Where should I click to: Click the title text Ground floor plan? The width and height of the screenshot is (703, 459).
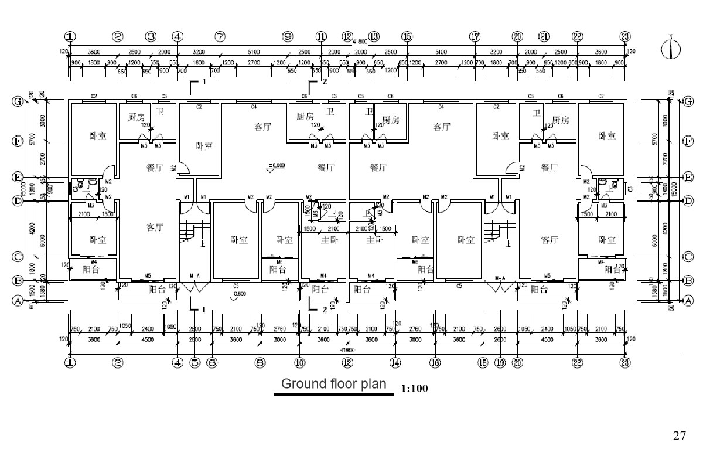pyautogui.click(x=334, y=384)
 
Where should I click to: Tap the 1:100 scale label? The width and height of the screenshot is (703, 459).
pyautogui.click(x=415, y=389)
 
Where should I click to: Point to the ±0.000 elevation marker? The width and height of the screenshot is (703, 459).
pyautogui.click(x=276, y=166)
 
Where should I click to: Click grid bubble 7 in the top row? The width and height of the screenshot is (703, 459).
pyautogui.click(x=220, y=37)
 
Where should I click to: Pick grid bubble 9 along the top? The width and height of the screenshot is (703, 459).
pyautogui.click(x=287, y=37)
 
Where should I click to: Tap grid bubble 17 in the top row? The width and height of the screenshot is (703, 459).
pyautogui.click(x=475, y=37)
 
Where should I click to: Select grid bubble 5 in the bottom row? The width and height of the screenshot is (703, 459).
pyautogui.click(x=195, y=363)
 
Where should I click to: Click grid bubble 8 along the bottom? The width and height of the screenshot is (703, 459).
pyautogui.click(x=260, y=363)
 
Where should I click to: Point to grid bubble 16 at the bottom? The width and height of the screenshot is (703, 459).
pyautogui.click(x=435, y=363)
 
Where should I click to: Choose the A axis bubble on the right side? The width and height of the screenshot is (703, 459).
pyautogui.click(x=688, y=301)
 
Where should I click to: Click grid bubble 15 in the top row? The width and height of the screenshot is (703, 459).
pyautogui.click(x=407, y=37)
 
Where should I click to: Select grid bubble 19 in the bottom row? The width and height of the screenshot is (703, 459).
pyautogui.click(x=500, y=363)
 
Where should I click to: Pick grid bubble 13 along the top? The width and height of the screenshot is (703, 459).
pyautogui.click(x=374, y=37)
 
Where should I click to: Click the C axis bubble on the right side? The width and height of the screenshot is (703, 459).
pyautogui.click(x=688, y=257)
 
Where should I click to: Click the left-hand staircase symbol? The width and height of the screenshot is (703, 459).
pyautogui.click(x=190, y=231)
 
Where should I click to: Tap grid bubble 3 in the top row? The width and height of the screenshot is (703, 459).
pyautogui.click(x=151, y=37)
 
